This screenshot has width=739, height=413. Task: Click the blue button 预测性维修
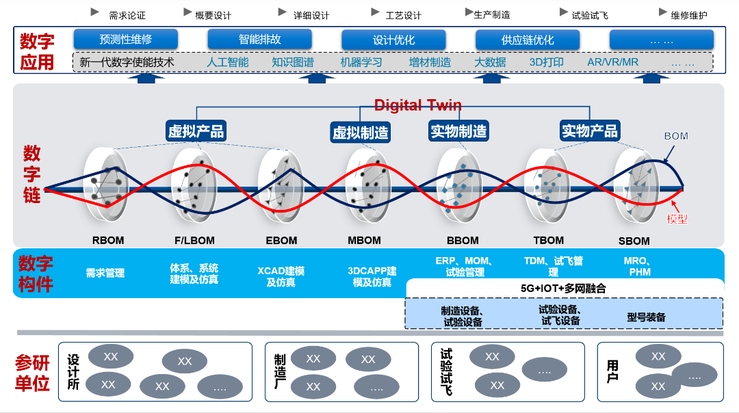(x=126, y=39)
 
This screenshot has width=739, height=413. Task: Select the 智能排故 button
(x=259, y=39)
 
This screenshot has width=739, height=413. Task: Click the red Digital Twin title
(x=417, y=105)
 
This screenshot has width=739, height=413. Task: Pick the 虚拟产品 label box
(x=196, y=131)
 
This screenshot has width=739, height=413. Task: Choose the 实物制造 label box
(x=458, y=131)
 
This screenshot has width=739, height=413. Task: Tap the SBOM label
(x=634, y=241)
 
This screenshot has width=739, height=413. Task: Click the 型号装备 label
(x=646, y=317)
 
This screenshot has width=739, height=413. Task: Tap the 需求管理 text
(x=105, y=273)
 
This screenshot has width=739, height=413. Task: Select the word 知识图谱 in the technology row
(x=292, y=62)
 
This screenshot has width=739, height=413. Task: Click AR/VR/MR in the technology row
(x=612, y=62)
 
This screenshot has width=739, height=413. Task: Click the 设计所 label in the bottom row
(x=73, y=372)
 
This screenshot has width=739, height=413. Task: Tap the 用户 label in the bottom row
(x=612, y=371)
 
